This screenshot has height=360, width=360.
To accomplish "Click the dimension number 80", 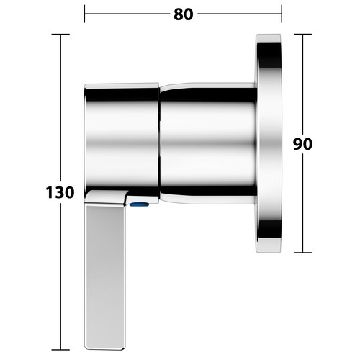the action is click(184, 14).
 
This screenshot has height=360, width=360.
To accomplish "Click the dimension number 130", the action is click(60, 193).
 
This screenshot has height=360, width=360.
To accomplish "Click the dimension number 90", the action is click(302, 144).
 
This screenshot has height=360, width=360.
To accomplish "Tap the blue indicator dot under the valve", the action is click(139, 204).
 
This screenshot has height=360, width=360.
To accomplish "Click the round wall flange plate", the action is click(269, 143).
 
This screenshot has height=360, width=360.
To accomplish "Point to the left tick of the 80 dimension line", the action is click(84, 14).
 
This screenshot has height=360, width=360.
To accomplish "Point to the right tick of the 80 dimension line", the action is click(282, 14).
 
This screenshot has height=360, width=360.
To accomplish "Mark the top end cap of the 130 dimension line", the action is click(60, 35).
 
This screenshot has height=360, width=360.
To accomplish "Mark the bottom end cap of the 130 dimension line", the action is click(60, 350).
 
